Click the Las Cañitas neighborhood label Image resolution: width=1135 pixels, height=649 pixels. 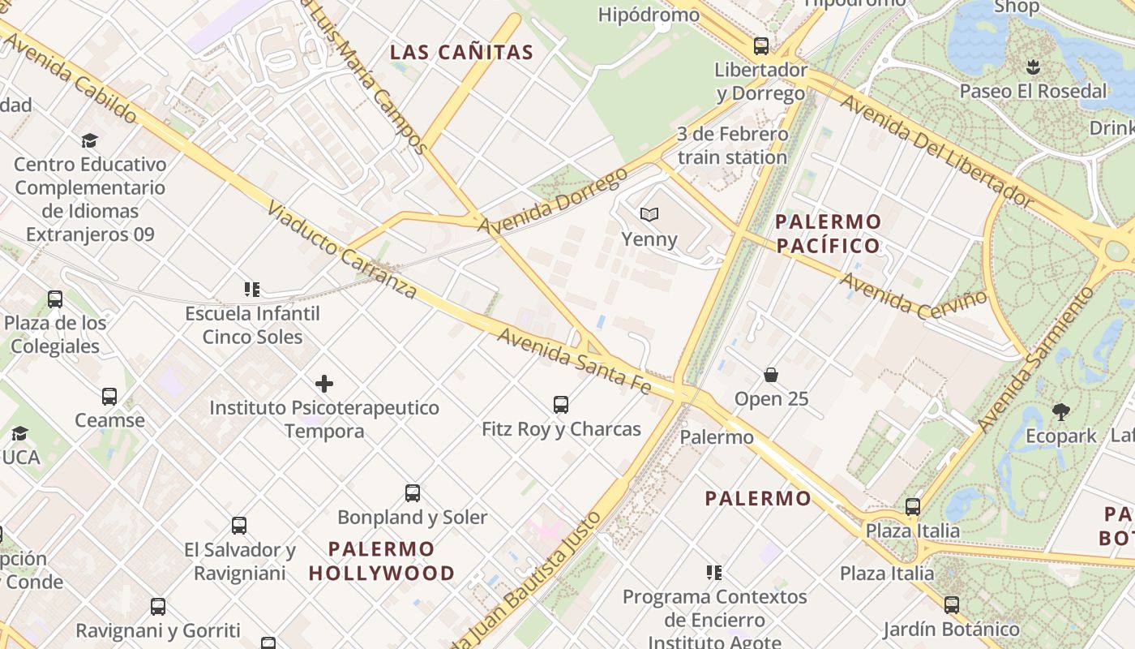coord(461,53)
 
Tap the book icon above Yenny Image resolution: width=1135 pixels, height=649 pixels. coord(649,214)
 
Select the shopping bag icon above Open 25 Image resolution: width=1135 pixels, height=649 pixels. coord(771,375)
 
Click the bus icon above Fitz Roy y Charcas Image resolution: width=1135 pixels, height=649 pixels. coord(560,404)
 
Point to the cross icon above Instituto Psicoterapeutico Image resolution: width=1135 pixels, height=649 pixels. coord(324,383)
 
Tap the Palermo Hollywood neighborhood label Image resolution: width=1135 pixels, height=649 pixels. coord(382,561)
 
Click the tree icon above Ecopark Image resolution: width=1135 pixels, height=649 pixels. coord(1060,412)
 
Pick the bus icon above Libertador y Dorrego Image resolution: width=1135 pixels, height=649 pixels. coord(760,45)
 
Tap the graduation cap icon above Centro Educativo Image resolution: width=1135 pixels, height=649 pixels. coord(89,140)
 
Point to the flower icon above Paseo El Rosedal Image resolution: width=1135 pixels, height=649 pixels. coord(1033,67)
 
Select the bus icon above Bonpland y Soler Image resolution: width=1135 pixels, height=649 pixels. coord(413,492)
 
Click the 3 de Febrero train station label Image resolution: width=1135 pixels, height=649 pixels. coord(732,145)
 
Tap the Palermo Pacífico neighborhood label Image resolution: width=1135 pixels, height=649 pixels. coord(828,233)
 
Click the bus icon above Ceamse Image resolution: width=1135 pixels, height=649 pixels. coord(109,396)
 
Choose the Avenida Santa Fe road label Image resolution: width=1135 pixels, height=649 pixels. coord(574,361)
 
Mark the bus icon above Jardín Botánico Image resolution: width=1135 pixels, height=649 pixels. coord(951,604)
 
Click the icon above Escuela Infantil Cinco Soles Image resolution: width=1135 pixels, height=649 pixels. coord(252,289)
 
